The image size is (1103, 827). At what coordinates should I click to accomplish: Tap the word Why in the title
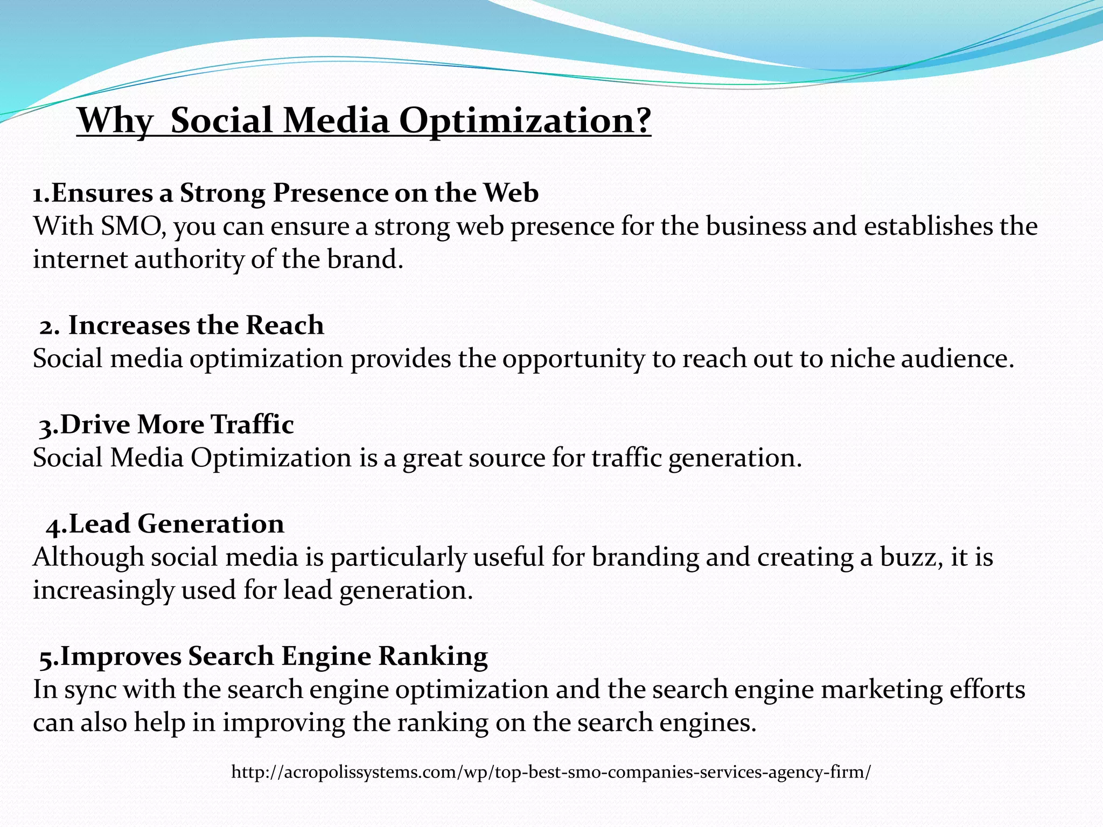(115, 121)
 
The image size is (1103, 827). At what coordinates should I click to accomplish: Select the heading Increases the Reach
(182, 325)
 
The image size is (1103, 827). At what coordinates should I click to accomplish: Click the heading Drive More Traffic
(166, 424)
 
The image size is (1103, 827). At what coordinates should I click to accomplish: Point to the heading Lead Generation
(165, 524)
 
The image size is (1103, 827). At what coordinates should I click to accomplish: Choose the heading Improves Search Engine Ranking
(264, 656)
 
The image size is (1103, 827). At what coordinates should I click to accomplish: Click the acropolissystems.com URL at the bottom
(551, 772)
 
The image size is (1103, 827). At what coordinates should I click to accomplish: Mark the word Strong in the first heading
(223, 193)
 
